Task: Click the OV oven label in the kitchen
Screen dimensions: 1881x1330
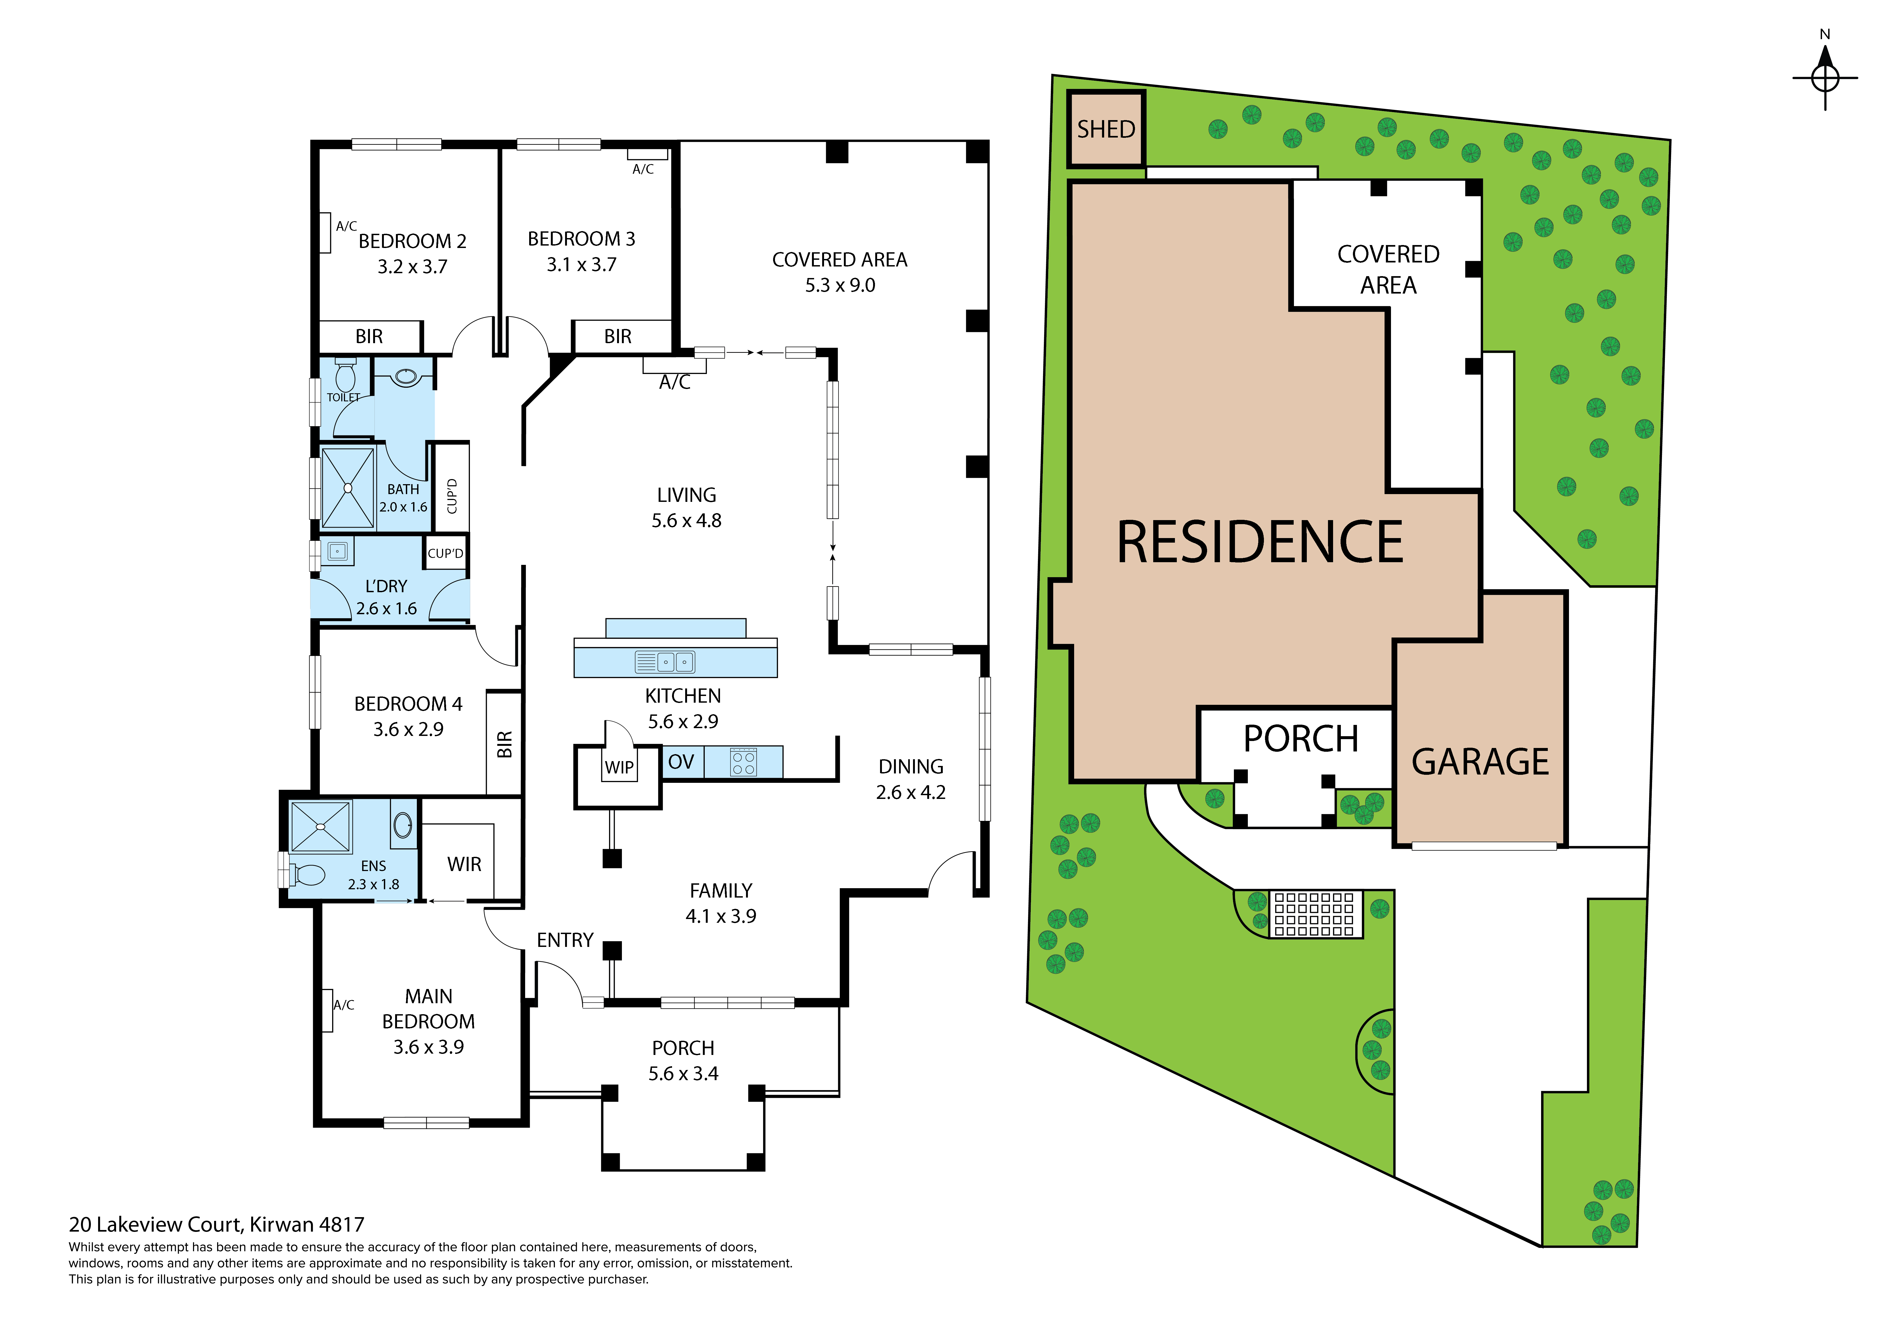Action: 681,762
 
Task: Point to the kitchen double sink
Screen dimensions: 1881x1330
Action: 665,661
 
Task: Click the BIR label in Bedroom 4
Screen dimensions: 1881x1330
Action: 505,744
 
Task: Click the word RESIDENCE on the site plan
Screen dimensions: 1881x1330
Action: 1260,543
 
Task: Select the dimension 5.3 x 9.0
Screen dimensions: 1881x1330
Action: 840,285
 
